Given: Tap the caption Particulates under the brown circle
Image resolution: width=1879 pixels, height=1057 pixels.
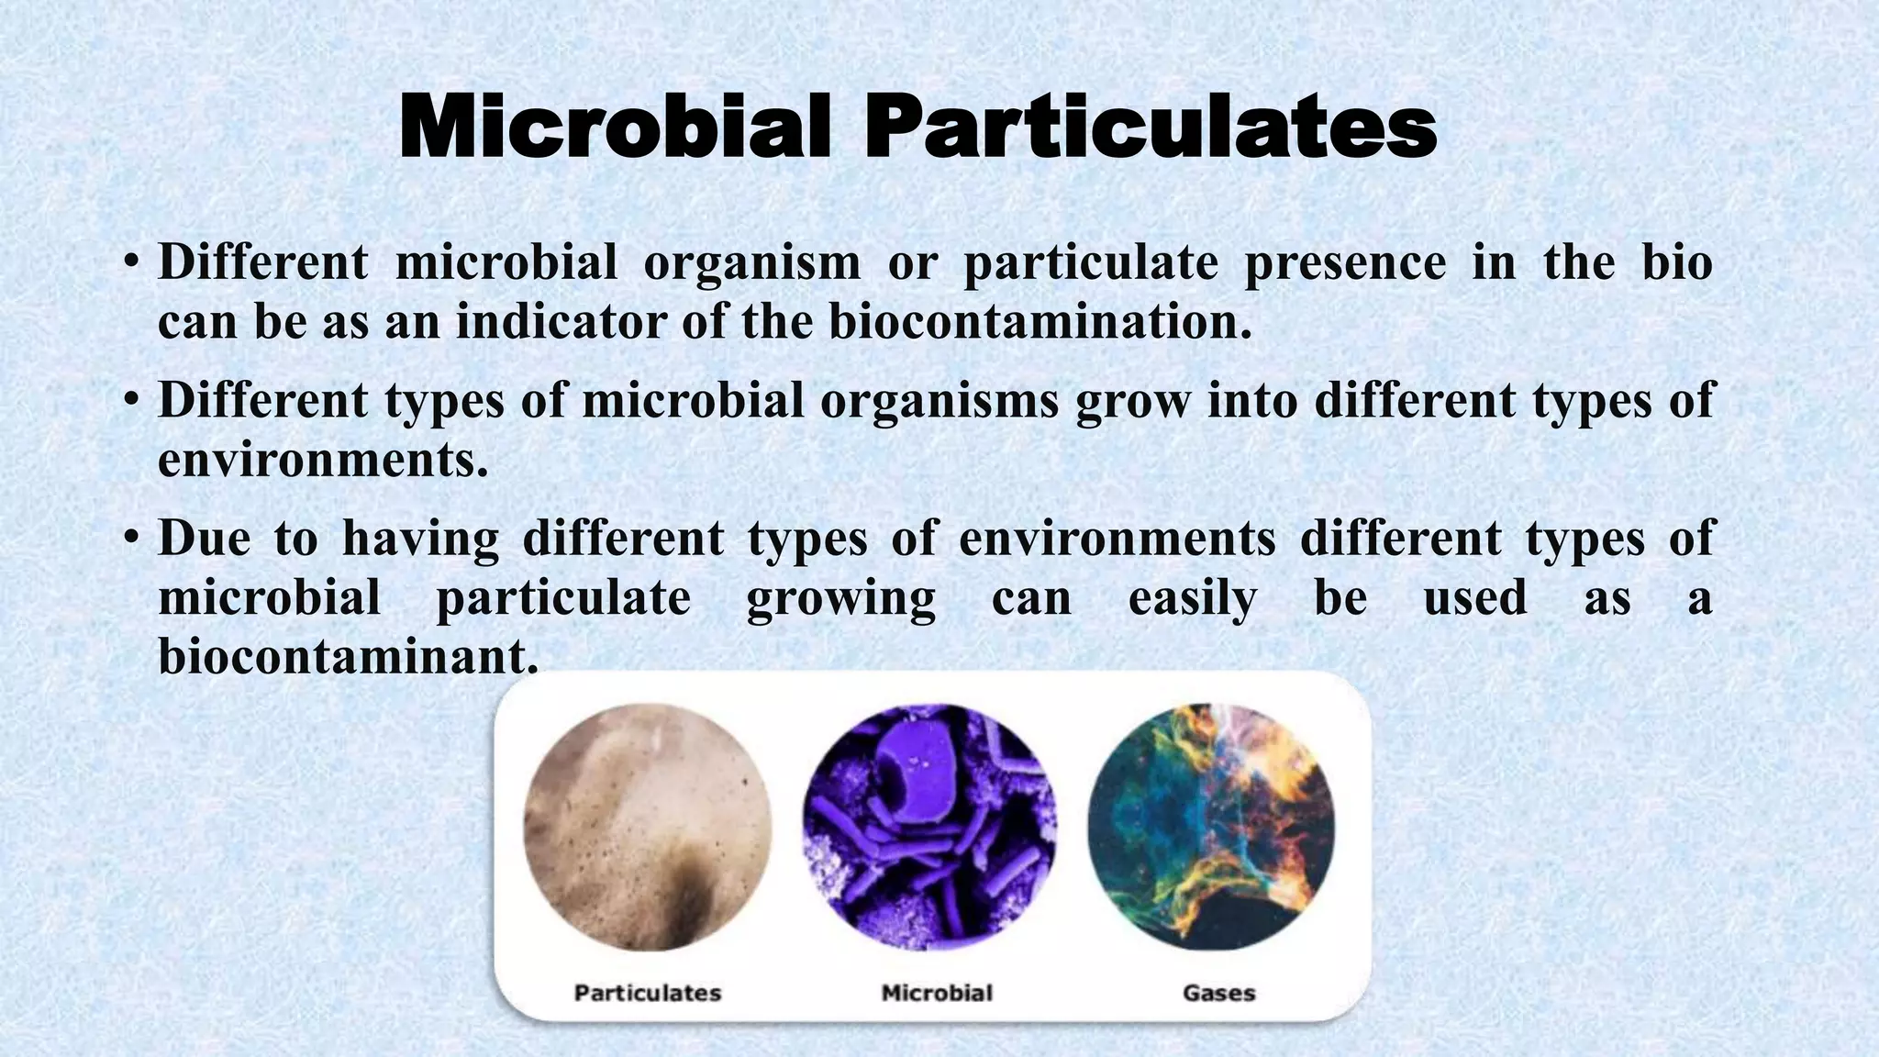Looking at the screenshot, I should tap(648, 993).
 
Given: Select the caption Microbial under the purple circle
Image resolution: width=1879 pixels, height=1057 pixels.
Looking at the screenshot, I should tap(937, 993).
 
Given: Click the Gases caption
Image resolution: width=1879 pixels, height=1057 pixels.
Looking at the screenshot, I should tap(1218, 993).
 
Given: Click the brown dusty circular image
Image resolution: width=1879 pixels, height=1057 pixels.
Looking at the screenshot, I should tap(648, 827).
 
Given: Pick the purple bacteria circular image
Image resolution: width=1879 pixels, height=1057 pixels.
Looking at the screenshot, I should tap(929, 827).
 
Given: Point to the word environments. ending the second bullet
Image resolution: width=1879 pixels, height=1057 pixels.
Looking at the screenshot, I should tap(322, 460).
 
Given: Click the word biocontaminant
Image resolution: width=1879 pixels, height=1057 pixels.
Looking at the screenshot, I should tap(347, 656).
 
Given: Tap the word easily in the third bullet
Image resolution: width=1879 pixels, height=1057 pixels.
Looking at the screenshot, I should tap(1192, 598).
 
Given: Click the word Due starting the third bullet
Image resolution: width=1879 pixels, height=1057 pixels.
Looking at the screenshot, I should tap(204, 538).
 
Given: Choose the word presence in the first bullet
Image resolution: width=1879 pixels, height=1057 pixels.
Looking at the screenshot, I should tap(1344, 263).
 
